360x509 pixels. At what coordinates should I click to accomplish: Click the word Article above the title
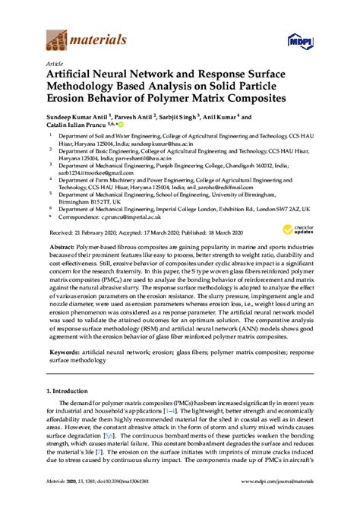tap(55, 64)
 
